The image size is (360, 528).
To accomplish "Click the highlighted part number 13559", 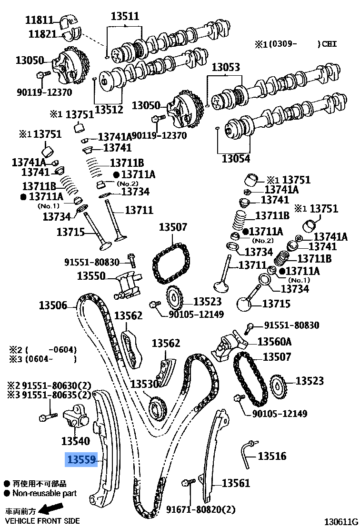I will pos(81,459).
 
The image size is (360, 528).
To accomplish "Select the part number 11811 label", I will pos(40,20).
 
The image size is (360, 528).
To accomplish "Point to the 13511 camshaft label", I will pos(125,16).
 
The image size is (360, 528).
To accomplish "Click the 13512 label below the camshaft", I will pos(109,109).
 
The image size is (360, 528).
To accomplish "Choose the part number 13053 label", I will pos(226,67).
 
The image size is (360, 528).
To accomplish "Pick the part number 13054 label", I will pos(236,158).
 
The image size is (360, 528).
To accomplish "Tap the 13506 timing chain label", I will pos(53,305).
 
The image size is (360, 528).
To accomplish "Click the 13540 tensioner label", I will pos(75,441).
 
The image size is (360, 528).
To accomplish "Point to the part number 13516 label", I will pos(272,456).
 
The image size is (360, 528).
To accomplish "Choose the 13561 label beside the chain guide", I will pos(236,483).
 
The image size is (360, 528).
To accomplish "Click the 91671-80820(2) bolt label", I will pos(200,509).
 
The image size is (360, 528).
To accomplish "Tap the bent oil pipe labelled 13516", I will pos(247,453).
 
